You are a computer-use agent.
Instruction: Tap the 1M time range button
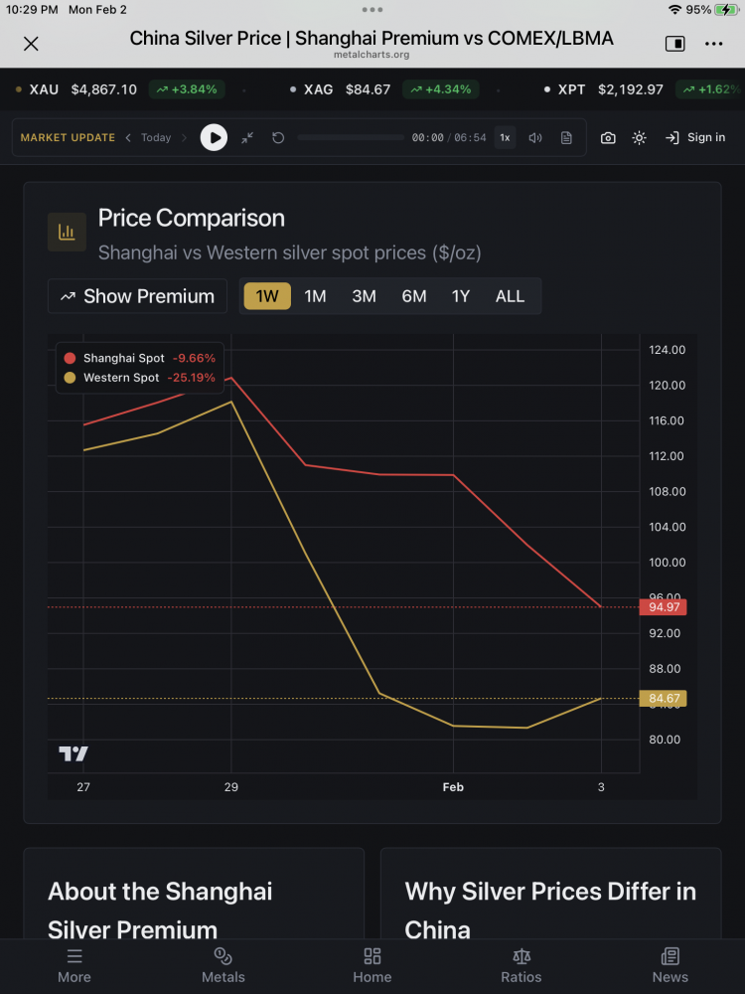[x=315, y=296]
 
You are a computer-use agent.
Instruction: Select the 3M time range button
[x=364, y=296]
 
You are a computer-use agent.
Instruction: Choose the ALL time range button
[x=510, y=296]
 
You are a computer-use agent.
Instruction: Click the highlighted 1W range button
[x=267, y=296]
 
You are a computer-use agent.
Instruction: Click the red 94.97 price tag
[x=663, y=607]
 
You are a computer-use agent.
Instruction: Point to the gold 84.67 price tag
[x=663, y=699]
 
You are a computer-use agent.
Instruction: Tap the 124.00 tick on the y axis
[x=667, y=350]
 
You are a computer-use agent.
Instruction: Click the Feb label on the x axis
[x=453, y=787]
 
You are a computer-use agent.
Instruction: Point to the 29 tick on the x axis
[x=231, y=787]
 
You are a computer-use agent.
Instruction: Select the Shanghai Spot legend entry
[x=123, y=358]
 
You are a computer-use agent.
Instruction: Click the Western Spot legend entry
[x=120, y=378]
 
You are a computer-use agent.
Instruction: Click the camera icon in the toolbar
[x=608, y=138]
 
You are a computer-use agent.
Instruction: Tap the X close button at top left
[x=31, y=43]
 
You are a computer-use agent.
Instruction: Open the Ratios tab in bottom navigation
[x=521, y=964]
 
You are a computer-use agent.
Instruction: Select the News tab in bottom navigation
[x=670, y=964]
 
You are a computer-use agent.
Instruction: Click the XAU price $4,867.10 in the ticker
[x=104, y=89]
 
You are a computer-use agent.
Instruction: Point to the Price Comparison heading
[x=191, y=219]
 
